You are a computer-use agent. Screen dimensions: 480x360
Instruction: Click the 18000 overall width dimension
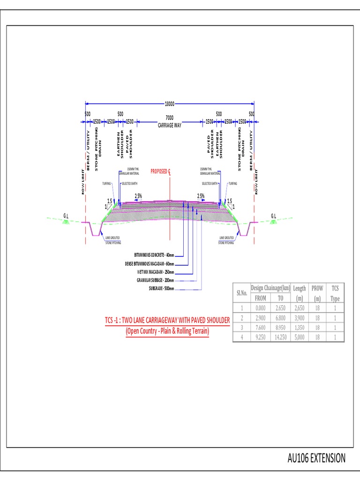[x=169, y=104]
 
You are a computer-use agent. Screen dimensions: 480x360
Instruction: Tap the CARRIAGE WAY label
[x=169, y=126]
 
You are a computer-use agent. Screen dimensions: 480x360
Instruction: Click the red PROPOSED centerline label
[x=160, y=172]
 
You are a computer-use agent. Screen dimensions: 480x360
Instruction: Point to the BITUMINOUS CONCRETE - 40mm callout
[x=154, y=255]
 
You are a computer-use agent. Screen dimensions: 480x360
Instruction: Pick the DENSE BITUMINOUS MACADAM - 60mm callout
[x=149, y=263]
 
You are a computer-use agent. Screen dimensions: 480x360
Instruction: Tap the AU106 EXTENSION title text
[x=316, y=458]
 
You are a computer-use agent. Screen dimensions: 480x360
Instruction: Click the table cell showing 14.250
[x=280, y=337]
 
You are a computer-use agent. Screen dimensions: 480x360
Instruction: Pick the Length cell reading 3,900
[x=300, y=318]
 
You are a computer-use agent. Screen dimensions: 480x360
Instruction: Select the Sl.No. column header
[x=241, y=293]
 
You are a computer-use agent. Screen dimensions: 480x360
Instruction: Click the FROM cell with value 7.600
[x=260, y=327]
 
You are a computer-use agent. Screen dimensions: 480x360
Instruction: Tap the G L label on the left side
[x=66, y=216]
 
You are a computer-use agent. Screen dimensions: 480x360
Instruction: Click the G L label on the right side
[x=274, y=216]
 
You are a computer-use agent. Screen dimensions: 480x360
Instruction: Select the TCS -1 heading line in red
[x=167, y=320]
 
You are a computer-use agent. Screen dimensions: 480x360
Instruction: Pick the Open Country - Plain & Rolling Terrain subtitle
[x=167, y=331]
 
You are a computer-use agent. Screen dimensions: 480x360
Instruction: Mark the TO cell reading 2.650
[x=280, y=308]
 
